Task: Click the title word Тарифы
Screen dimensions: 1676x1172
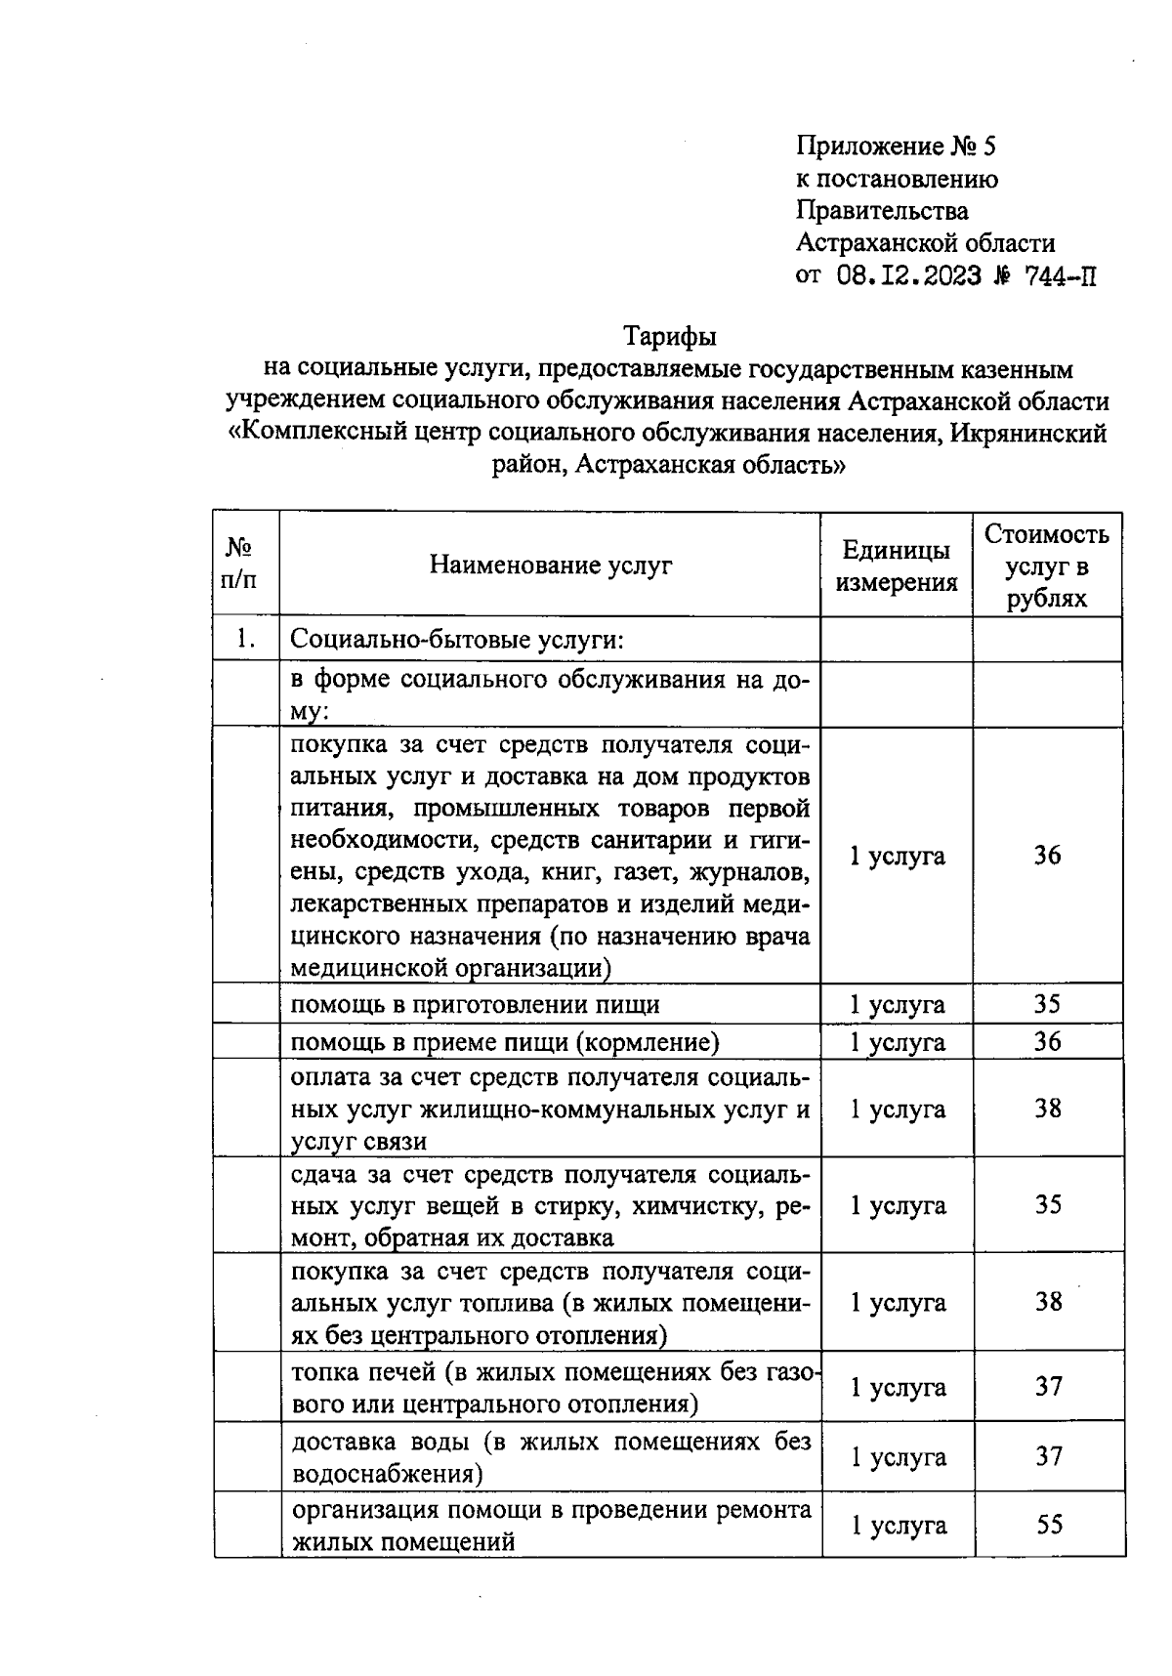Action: (x=670, y=337)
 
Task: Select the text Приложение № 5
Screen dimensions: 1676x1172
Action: (x=896, y=147)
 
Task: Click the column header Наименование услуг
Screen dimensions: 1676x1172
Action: (x=551, y=565)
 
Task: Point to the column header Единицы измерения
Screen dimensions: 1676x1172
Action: (x=897, y=566)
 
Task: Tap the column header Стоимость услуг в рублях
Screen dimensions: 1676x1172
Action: (x=1047, y=566)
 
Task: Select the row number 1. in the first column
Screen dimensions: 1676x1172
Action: (x=245, y=640)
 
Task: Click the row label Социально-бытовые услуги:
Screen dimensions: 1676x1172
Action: (x=457, y=641)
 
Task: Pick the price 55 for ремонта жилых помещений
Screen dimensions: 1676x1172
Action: (x=1049, y=1525)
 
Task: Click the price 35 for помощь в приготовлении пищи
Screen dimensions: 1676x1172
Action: (x=1048, y=1004)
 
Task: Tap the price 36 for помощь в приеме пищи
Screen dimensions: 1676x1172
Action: (x=1048, y=1041)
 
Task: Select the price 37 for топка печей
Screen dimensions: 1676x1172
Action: (x=1049, y=1386)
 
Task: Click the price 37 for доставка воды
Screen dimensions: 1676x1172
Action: (x=1049, y=1456)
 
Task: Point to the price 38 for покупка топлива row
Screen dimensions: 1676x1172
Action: (x=1049, y=1302)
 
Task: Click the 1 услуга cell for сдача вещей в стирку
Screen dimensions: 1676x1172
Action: (x=898, y=1205)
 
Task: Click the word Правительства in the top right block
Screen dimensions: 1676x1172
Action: (x=883, y=211)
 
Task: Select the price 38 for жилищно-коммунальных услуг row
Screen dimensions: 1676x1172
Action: (x=1048, y=1109)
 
